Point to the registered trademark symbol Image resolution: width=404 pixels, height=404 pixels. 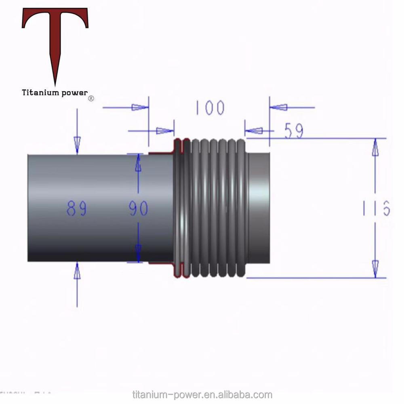pos(91,98)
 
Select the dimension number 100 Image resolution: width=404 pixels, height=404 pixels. pos(210,108)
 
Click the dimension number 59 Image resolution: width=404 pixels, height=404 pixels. pos(294,130)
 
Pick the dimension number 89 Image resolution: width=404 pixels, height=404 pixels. pos(76,209)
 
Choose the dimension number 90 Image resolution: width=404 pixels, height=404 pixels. pos(139,209)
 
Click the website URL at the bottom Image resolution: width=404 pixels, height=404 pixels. pos(202,395)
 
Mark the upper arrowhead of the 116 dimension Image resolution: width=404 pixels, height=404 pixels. pos(375,147)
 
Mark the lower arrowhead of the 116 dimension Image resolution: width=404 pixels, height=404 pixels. pos(375,269)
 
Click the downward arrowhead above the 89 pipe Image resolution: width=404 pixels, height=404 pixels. pos(77,145)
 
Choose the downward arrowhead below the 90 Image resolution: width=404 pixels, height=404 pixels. pos(138,254)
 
